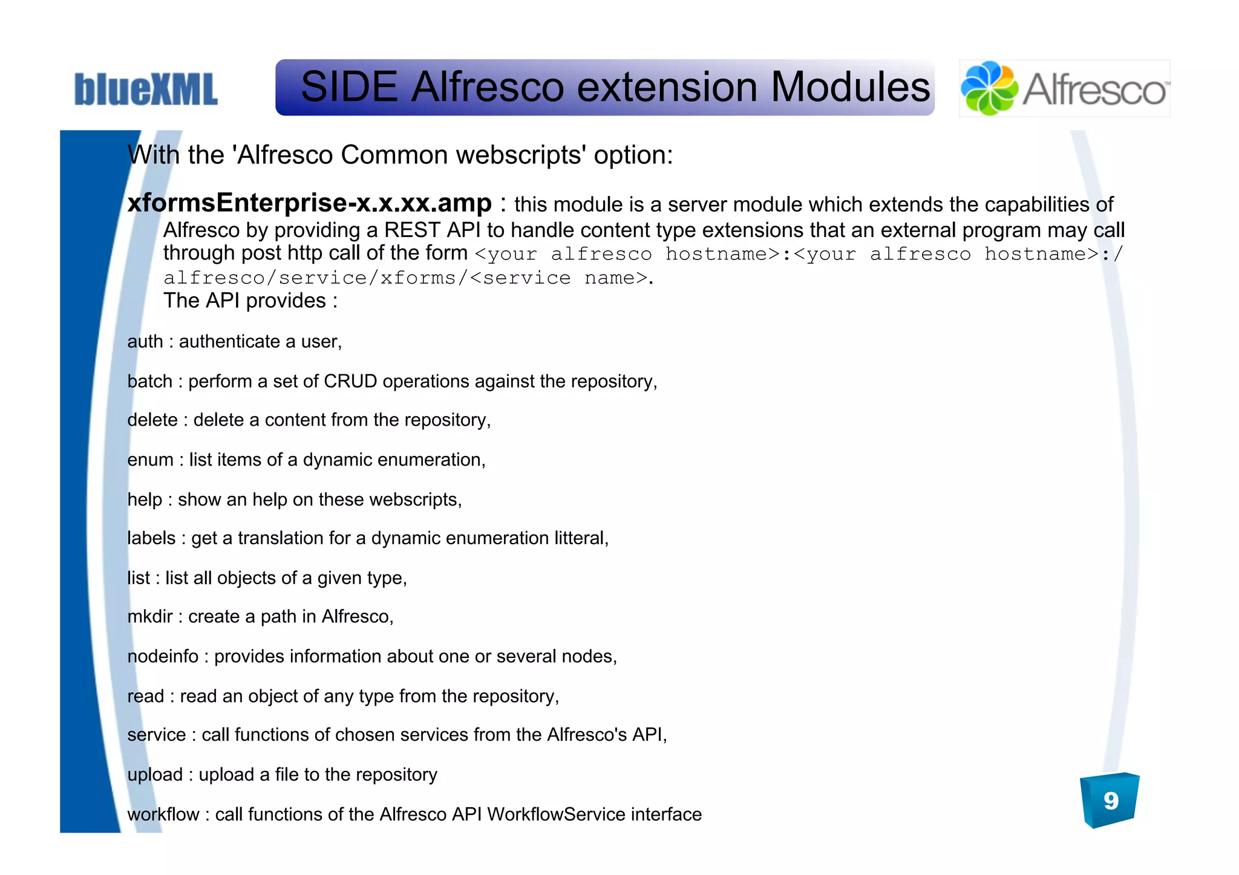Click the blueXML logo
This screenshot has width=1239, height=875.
[146, 89]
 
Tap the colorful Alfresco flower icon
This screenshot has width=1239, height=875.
[989, 88]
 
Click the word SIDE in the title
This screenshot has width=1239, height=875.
[348, 87]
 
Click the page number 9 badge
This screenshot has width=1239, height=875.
[1110, 801]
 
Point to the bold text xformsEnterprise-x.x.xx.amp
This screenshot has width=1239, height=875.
[309, 203]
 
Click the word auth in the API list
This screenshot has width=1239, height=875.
[145, 342]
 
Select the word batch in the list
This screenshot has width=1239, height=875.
[149, 382]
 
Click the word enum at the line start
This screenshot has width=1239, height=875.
[150, 460]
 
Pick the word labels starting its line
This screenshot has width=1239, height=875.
[151, 538]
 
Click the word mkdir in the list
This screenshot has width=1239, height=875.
[150, 617]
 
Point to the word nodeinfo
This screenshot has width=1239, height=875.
[163, 657]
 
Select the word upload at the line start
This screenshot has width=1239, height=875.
[155, 775]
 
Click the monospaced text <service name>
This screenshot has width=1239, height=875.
[558, 278]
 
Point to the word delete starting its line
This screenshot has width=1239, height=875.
[152, 420]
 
